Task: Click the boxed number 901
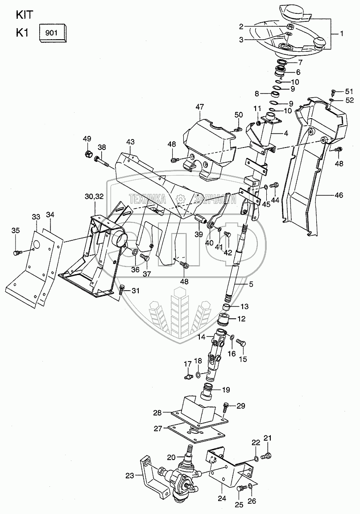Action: click(53, 33)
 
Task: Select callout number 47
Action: click(199, 107)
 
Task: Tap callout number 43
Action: click(130, 142)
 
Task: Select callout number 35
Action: click(16, 230)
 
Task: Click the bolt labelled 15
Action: click(241, 344)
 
